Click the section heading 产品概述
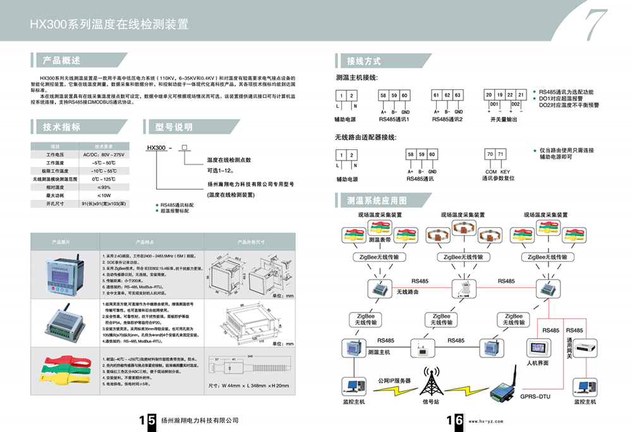point(61,61)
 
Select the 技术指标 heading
point(61,127)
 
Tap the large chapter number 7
point(595,27)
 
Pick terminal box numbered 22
point(511,95)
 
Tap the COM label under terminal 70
point(490,171)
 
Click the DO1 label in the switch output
point(495,104)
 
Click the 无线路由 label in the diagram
point(408,292)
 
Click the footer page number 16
point(455,420)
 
